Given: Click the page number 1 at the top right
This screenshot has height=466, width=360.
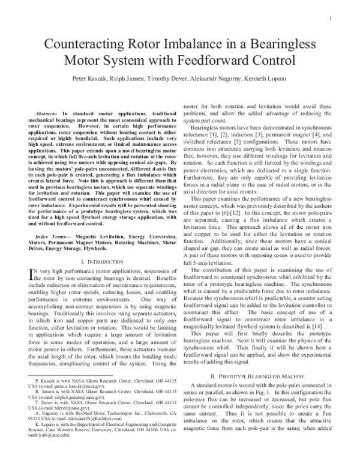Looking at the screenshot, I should (x=331, y=18).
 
